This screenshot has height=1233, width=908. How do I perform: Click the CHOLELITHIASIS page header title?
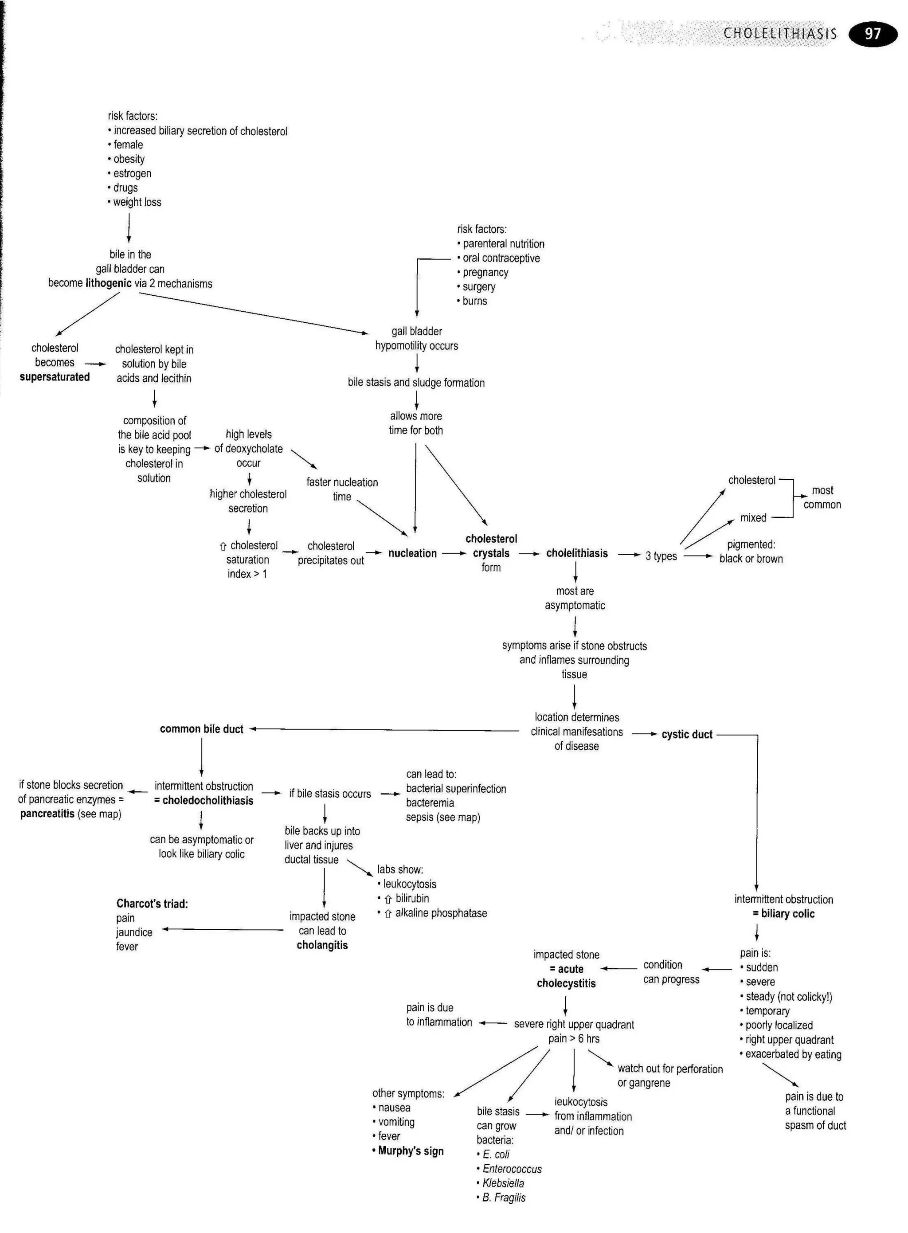tap(780, 34)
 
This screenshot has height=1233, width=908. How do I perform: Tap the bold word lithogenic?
tap(108, 284)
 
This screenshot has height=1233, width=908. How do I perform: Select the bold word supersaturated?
tap(55, 377)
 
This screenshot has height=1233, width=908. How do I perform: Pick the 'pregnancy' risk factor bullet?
tap(485, 273)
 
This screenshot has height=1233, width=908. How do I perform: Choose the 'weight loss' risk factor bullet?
tap(137, 202)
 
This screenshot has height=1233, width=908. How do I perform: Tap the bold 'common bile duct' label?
tap(201, 729)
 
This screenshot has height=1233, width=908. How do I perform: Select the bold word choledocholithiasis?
tap(208, 801)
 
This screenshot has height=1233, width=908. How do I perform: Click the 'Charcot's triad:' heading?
tap(152, 904)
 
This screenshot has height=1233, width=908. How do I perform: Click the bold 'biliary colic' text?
tap(787, 914)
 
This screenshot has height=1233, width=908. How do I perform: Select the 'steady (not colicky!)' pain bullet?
tap(788, 997)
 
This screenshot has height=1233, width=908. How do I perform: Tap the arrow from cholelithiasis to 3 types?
tap(629, 555)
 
